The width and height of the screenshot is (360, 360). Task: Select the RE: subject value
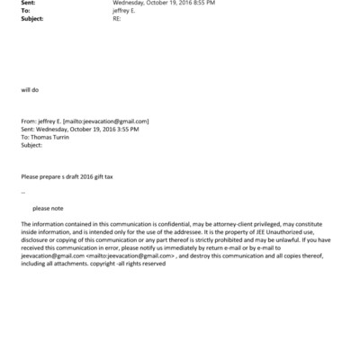pyautogui.click(x=118, y=17)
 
